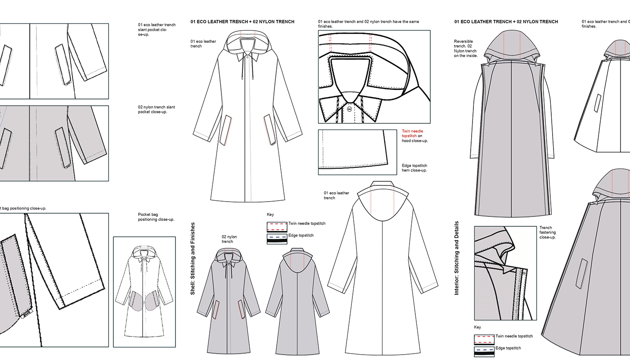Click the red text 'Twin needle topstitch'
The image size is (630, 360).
(412, 133)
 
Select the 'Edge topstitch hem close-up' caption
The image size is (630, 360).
(414, 168)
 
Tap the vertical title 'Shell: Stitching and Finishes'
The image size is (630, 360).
(193, 258)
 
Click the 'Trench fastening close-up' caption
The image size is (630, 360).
(547, 232)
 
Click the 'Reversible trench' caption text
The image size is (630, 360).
(466, 48)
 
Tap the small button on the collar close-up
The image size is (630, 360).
(349, 109)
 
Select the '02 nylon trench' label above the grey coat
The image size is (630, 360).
(229, 239)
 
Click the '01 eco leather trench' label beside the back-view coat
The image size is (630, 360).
(336, 195)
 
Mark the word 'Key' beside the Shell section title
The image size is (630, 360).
(270, 215)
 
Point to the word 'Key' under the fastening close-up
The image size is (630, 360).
(477, 327)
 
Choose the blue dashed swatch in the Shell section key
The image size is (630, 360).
(277, 237)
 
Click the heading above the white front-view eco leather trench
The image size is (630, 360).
(242, 22)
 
